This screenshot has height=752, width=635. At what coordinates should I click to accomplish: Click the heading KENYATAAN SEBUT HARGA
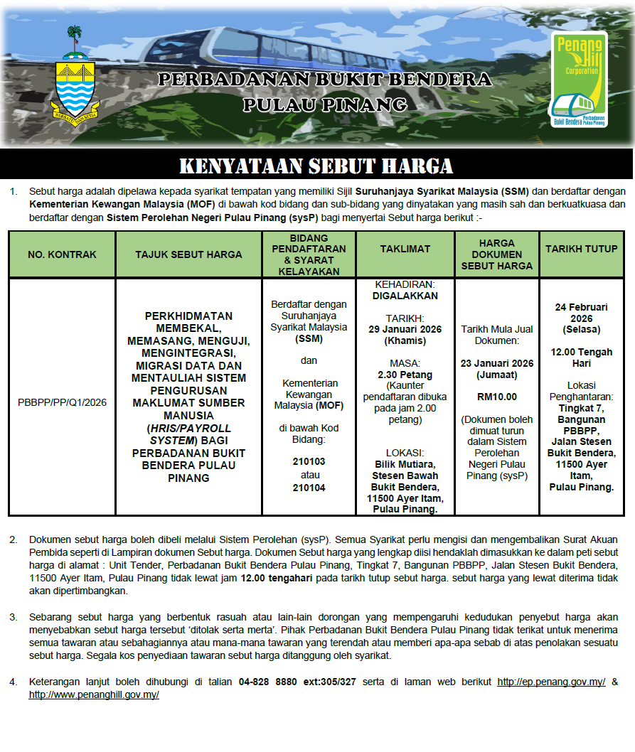pos(316,166)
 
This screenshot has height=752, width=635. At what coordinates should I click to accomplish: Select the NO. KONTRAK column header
pos(62,254)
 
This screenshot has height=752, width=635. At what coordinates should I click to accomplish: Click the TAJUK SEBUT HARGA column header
pos(188,254)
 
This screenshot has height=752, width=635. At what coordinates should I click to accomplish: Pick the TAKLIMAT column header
pos(405,249)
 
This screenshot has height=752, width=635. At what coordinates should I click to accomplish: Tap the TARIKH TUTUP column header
pos(582,249)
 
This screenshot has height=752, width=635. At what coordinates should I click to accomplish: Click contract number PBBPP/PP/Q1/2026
pos(62,402)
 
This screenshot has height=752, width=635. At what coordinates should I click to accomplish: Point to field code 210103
pos(309,461)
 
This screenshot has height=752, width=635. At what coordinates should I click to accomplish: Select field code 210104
pos(309,488)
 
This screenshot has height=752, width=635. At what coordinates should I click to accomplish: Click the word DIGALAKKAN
pos(405,296)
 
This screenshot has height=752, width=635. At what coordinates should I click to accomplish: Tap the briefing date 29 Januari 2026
pos(405,329)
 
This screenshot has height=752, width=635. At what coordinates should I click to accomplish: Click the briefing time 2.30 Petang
pos(405,375)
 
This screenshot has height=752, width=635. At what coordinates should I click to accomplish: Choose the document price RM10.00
pos(497,397)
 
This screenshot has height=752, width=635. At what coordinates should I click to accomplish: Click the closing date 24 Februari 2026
pos(582,313)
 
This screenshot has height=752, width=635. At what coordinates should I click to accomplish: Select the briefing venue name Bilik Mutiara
pos(405,464)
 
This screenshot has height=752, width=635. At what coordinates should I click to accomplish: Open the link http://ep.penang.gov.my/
pos(551,682)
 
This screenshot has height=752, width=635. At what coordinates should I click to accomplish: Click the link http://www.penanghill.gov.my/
pos(94,694)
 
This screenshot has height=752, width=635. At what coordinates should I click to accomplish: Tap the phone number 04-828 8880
pos(268,682)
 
